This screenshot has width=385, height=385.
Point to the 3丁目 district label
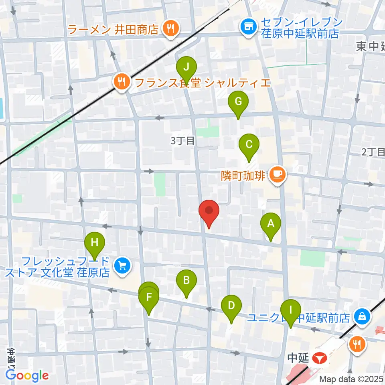(x=182, y=141)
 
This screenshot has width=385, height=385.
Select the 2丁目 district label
(x=373, y=152)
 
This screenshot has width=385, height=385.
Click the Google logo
(x=27, y=376)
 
